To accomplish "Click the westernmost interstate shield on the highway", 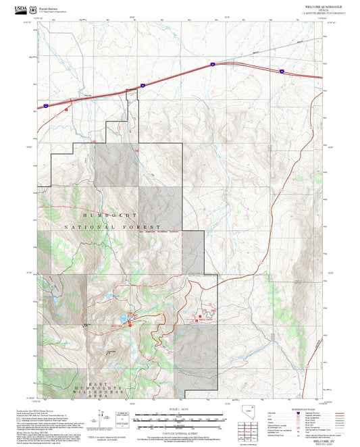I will [45, 105].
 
